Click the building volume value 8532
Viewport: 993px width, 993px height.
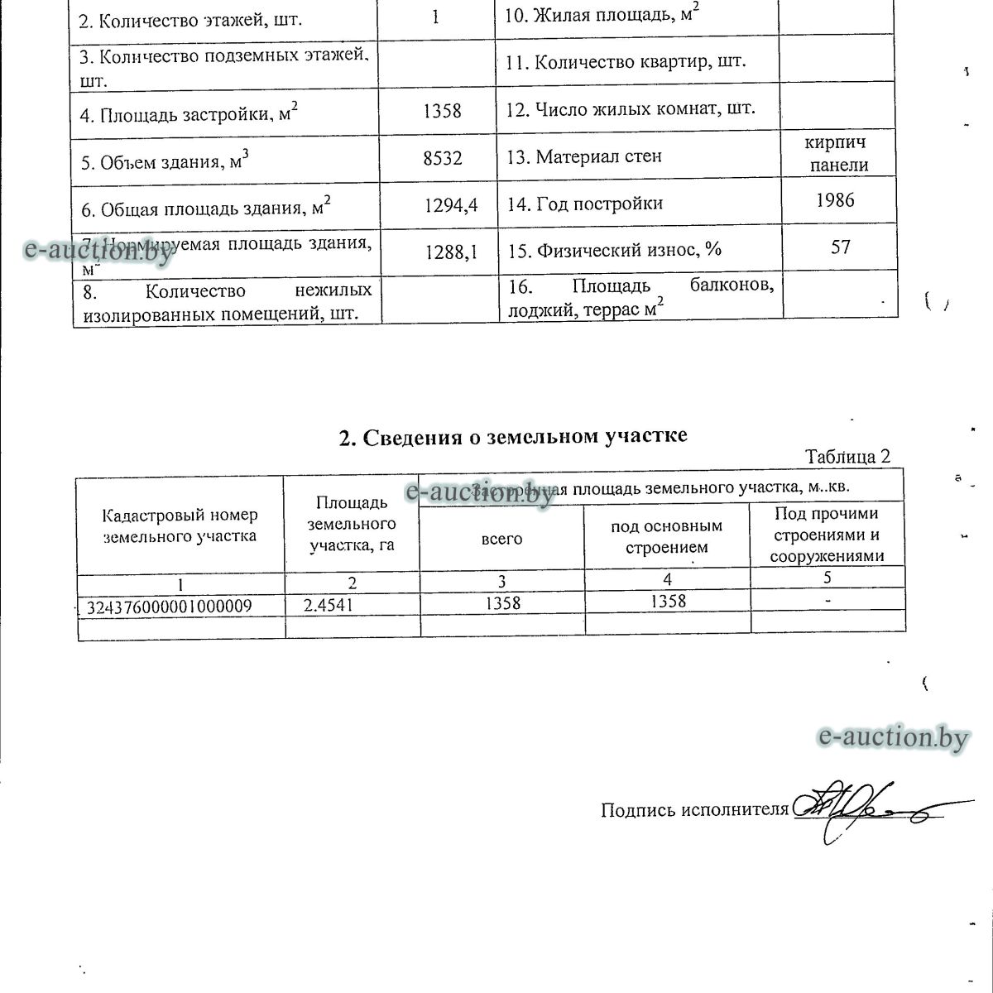pos(442,157)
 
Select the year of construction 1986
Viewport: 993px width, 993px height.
pos(834,200)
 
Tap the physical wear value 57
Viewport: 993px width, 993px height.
pos(840,247)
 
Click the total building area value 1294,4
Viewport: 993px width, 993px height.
pos(451,205)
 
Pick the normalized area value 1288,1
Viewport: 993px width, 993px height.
pos(451,252)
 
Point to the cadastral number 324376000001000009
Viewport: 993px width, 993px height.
pos(170,607)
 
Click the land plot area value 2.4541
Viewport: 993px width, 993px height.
pos(329,605)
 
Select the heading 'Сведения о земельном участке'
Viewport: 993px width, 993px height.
pos(513,436)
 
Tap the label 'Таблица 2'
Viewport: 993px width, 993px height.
pos(847,457)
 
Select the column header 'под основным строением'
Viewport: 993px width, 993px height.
pos(666,536)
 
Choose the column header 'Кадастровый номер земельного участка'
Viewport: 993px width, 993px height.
pos(180,525)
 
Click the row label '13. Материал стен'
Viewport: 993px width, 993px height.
pos(584,156)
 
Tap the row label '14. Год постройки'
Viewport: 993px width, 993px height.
pos(585,204)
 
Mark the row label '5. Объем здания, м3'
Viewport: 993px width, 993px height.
pos(165,161)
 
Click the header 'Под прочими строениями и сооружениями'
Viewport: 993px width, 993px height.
pos(826,535)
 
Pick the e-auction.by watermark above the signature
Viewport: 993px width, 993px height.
pos(892,736)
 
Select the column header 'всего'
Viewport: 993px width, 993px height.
pos(501,539)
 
